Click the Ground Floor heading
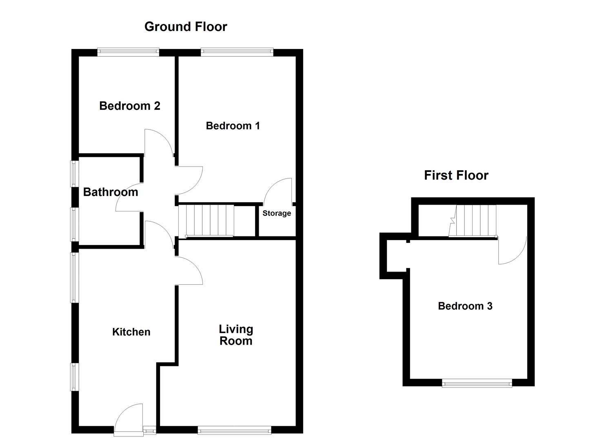(186, 27)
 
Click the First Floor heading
(456, 175)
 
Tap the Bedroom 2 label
(129, 106)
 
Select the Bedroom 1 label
(233, 126)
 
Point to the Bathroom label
(111, 192)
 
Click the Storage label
(277, 213)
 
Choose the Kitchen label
(131, 332)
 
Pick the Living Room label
(236, 335)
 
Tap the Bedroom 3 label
(465, 306)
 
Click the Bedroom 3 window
(477, 383)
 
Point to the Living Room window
(234, 430)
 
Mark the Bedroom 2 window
(128, 51)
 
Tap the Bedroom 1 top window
(237, 51)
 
